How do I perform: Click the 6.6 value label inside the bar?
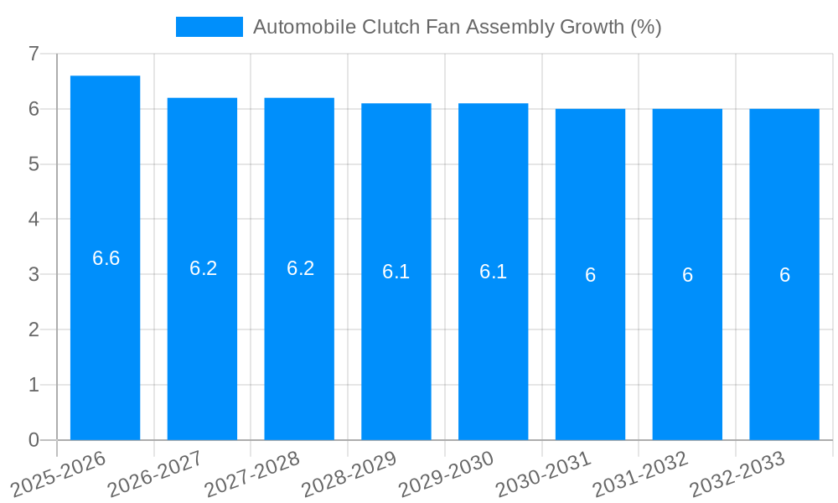pos(106,258)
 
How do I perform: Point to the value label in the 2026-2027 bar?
pos(203,268)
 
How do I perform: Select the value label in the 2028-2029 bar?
pos(396,272)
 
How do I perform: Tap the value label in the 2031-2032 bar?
pos(687,275)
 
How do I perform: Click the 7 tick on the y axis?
pos(34,54)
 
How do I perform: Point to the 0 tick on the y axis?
pos(34,440)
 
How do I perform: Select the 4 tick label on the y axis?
pos(34,220)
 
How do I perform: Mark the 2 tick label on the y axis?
pos(34,329)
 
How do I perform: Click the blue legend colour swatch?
pos(209,27)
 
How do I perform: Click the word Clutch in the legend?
pos(390,27)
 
